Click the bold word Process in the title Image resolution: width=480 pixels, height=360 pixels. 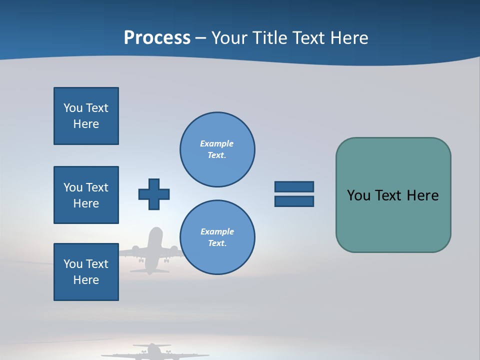tap(157, 38)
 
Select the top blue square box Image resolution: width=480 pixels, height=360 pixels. tap(86, 116)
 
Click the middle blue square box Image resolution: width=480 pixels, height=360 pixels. tap(86, 195)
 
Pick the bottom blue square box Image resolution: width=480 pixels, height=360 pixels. tap(86, 272)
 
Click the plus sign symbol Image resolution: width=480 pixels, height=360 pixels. tap(154, 194)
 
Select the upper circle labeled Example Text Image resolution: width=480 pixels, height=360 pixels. tap(217, 149)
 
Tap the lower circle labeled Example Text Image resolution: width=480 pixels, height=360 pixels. tap(217, 237)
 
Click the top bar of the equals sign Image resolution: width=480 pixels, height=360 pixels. tap(294, 186)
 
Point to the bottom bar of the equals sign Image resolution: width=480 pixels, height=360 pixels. tap(294, 201)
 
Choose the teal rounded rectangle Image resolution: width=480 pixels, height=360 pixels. tap(393, 220)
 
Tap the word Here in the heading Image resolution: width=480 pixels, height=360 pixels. tap(349, 38)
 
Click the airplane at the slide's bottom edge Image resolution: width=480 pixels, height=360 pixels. tap(152, 352)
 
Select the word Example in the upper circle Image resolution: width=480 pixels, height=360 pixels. tap(217, 143)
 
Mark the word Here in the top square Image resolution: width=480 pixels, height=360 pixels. tap(86, 124)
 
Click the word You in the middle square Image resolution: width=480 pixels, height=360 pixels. tap(73, 187)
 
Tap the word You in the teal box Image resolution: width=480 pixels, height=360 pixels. tap(358, 195)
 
